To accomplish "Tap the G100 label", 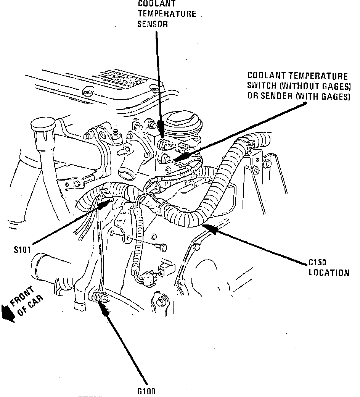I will click(x=146, y=391).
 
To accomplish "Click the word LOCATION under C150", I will click(x=329, y=273).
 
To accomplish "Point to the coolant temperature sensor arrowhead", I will click(x=161, y=130).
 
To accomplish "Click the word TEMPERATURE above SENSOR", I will click(x=167, y=14).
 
